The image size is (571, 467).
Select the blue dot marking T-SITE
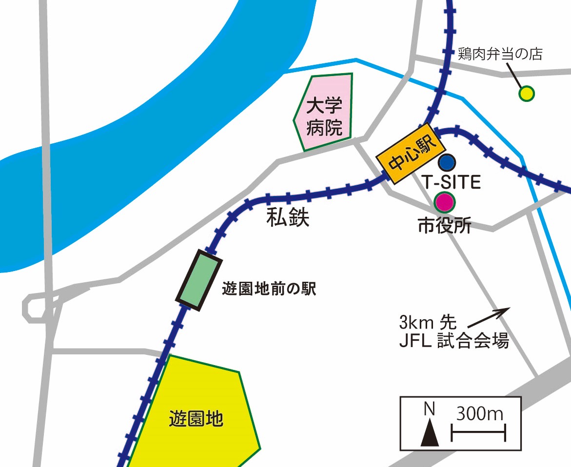point(447,161)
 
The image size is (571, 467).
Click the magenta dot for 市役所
point(444,200)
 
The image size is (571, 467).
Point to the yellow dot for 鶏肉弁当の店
point(526,93)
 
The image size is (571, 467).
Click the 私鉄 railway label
point(288,217)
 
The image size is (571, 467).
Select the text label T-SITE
point(451,181)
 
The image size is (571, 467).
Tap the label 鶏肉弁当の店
point(500,54)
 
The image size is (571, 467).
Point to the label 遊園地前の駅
point(269,289)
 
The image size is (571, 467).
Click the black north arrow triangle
point(430,434)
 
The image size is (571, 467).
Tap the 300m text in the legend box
point(480,414)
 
